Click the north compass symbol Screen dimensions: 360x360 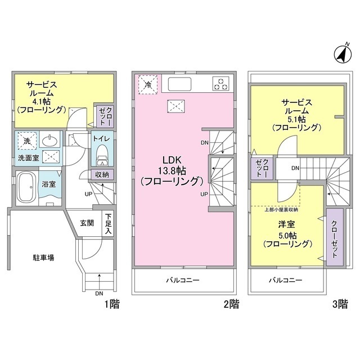(341, 55)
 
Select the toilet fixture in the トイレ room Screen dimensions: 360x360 (102, 152)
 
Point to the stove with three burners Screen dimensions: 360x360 (221, 84)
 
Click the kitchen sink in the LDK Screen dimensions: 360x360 (180, 84)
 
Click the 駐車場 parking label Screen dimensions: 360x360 (43, 258)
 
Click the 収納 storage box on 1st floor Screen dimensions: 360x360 (101, 175)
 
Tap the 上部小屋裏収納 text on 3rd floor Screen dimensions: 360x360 (281, 210)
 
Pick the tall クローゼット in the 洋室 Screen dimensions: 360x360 (334, 237)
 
